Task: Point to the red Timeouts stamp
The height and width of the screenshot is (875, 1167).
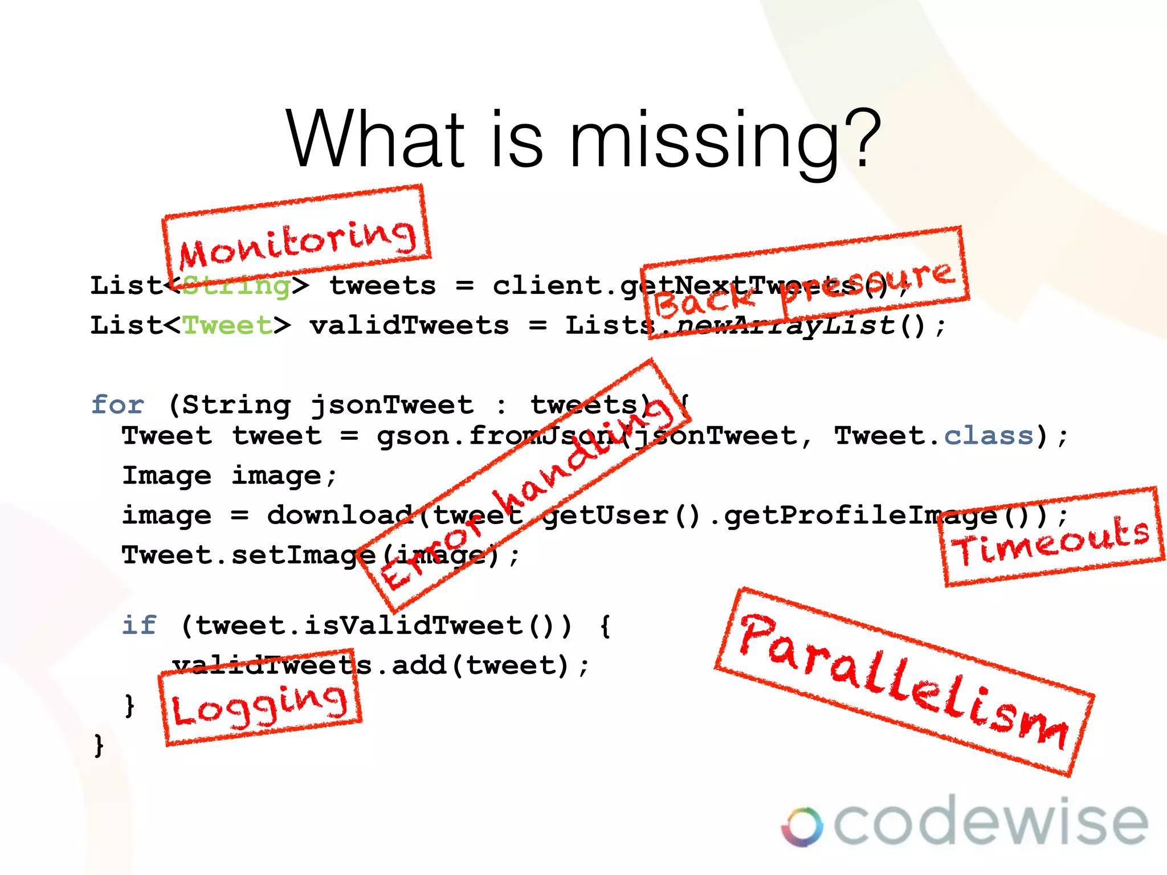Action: pos(1051,537)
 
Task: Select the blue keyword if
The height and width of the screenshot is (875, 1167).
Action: pos(139,625)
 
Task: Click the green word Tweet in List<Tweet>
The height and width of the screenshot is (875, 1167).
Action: pos(227,325)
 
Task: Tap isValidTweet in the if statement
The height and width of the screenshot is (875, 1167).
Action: pos(413,625)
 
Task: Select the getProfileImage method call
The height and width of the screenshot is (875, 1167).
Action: pos(860,516)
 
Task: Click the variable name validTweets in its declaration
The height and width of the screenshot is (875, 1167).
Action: pos(409,325)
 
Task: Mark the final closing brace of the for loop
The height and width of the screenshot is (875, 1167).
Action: pos(99,745)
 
